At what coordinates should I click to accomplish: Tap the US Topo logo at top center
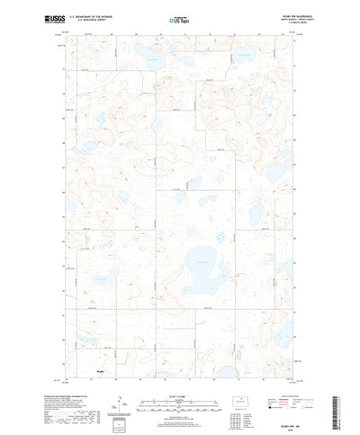coord(181,19)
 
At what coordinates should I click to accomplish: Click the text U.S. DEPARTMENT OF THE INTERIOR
coord(91,16)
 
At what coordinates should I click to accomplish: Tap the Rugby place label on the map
coord(101,367)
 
